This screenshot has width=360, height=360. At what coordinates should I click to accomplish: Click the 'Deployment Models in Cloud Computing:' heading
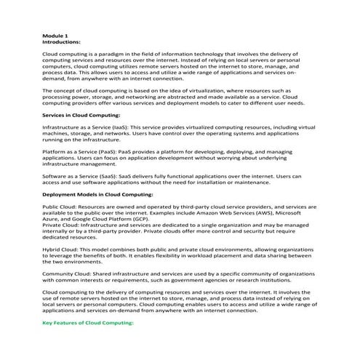tap(98, 195)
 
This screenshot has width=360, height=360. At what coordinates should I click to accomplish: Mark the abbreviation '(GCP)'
tap(139, 223)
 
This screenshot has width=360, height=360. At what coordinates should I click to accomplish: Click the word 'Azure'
tap(52, 223)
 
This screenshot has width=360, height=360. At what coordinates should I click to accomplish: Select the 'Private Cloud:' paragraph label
tap(64, 228)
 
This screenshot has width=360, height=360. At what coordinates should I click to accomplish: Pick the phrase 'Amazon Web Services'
tap(236, 216)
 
